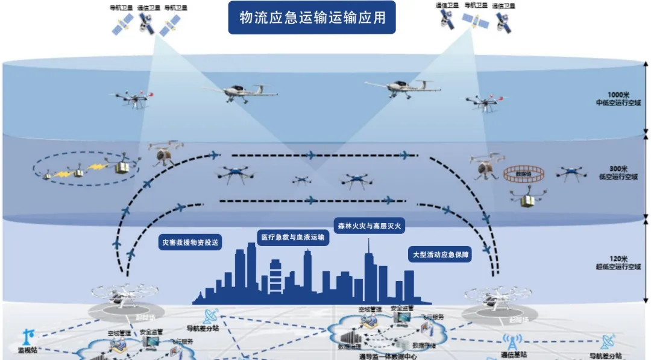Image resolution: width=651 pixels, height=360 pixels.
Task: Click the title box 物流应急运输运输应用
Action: (x=311, y=18)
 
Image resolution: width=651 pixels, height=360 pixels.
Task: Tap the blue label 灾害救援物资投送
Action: (x=190, y=243)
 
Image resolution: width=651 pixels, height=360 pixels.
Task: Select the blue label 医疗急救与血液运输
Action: (x=292, y=238)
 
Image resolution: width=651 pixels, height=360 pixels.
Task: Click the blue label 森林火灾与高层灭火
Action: (x=370, y=226)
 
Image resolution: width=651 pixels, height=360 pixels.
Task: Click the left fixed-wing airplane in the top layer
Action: (x=240, y=92)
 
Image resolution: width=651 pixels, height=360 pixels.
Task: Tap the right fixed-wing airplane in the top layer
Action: (x=403, y=88)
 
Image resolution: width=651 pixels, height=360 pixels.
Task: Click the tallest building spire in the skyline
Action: (x=369, y=256)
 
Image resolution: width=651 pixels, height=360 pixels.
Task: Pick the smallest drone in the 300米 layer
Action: (x=301, y=179)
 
